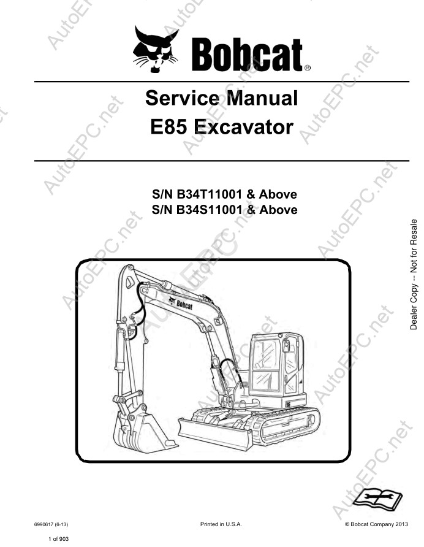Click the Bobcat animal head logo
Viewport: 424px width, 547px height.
pyautogui.click(x=156, y=49)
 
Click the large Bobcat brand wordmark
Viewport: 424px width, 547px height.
pyautogui.click(x=247, y=55)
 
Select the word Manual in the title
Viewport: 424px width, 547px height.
pyautogui.click(x=262, y=98)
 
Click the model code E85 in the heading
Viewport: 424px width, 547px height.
pyautogui.click(x=169, y=127)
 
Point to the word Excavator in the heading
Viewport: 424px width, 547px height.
pyautogui.click(x=243, y=127)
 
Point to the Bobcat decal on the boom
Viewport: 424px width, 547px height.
pyautogui.click(x=181, y=304)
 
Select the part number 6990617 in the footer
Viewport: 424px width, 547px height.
pyautogui.click(x=44, y=524)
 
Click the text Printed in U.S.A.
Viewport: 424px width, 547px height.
pyautogui.click(x=221, y=524)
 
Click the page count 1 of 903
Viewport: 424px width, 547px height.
pyautogui.click(x=59, y=538)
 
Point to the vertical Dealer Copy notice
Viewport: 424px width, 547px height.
pyautogui.click(x=414, y=275)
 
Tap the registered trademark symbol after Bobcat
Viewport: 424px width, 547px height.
pyautogui.click(x=307, y=69)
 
